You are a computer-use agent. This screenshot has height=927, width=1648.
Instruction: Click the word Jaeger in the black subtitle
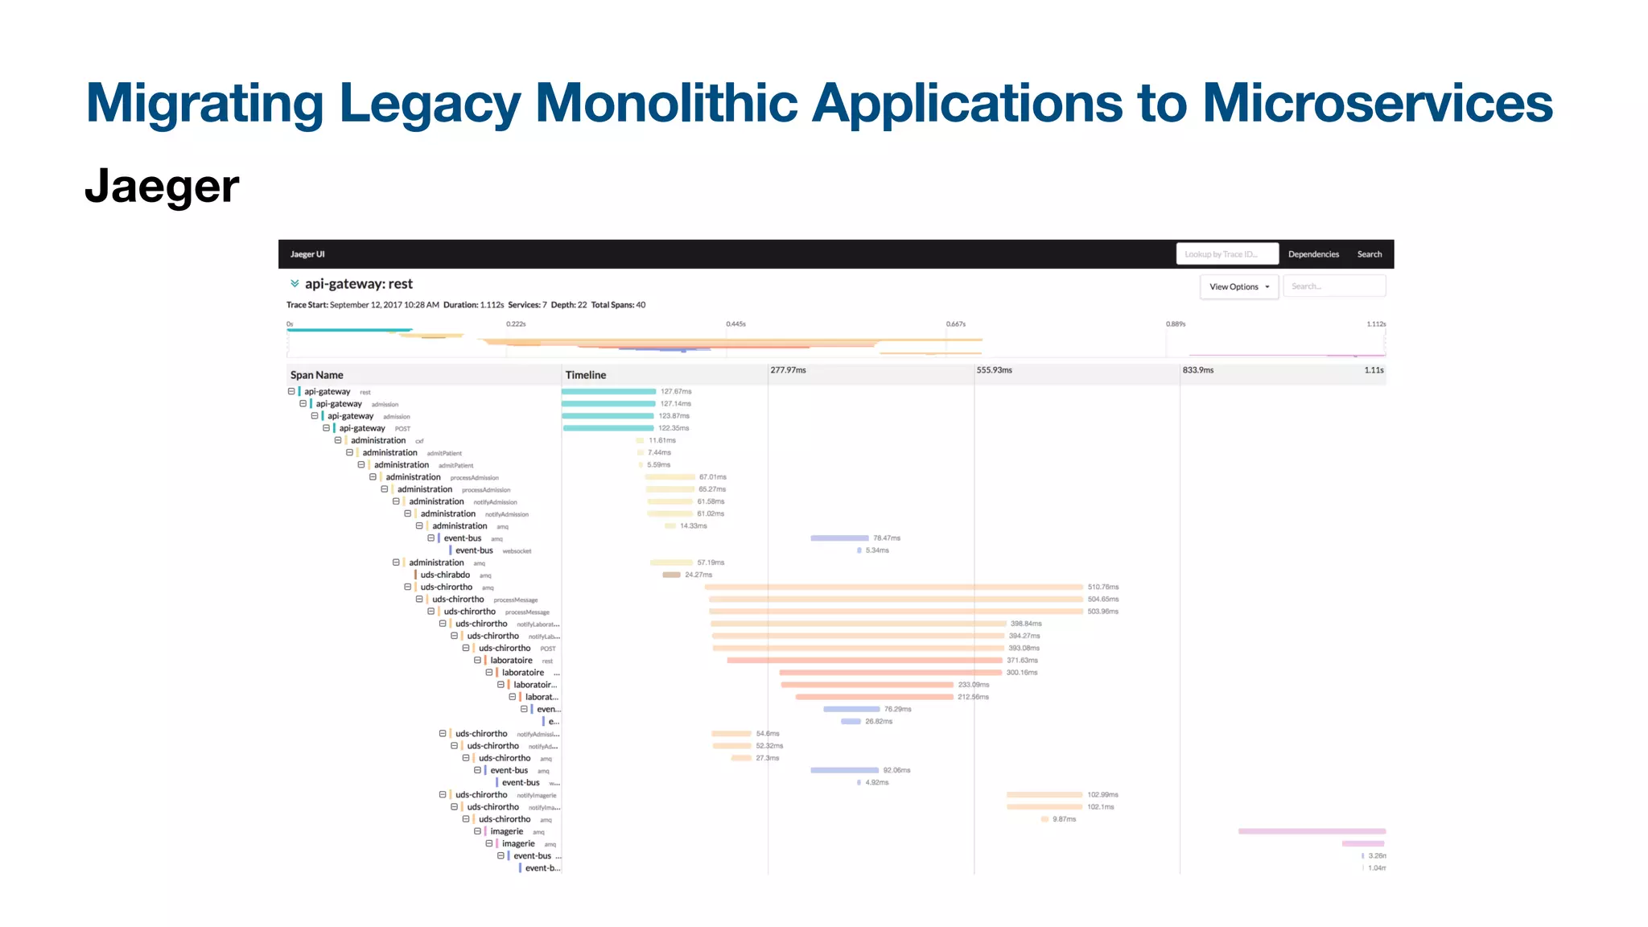tap(162, 187)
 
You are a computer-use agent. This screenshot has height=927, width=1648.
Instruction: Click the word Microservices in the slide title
tap(1377, 103)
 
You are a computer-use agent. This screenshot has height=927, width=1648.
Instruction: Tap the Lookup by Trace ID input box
tap(1226, 254)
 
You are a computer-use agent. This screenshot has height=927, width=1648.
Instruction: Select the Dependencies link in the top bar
tap(1313, 254)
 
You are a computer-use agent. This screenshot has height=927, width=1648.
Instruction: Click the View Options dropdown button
tap(1238, 286)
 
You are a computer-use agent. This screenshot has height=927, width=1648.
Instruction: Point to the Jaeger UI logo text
tap(307, 254)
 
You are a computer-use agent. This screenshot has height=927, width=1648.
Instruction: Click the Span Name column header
tap(316, 375)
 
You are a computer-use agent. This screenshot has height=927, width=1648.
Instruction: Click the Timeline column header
tap(585, 375)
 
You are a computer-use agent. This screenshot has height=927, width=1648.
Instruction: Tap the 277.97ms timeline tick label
tap(788, 370)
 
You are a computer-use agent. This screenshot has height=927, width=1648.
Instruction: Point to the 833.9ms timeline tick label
tap(1197, 370)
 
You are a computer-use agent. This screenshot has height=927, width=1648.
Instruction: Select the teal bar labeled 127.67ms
tap(608, 392)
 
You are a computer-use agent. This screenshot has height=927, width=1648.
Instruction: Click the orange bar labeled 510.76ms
tap(893, 587)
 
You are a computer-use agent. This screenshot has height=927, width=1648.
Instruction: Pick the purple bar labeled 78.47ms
tap(839, 538)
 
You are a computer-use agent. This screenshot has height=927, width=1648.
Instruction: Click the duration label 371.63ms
tap(1022, 661)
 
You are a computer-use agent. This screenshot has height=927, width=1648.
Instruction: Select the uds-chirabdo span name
tap(445, 575)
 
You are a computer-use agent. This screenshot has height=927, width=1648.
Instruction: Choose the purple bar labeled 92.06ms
tap(844, 771)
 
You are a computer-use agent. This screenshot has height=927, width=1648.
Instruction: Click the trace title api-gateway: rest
tap(358, 284)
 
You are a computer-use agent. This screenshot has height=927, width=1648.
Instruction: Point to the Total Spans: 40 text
tap(618, 305)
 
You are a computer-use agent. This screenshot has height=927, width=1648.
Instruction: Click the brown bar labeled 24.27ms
tap(671, 575)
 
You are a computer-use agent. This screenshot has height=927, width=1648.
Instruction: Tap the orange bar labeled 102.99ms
tap(1044, 795)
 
